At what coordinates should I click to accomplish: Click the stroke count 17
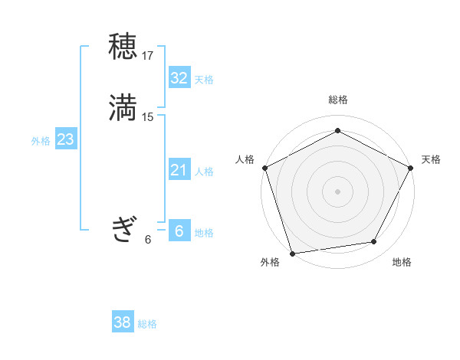pyautogui.click(x=148, y=56)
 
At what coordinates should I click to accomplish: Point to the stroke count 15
pyautogui.click(x=148, y=117)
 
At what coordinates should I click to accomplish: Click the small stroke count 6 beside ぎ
pyautogui.click(x=148, y=239)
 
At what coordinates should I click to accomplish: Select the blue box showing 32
pyautogui.click(x=179, y=78)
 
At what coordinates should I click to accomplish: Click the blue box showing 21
pyautogui.click(x=179, y=170)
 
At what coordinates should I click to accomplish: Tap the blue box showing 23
pyautogui.click(x=65, y=139)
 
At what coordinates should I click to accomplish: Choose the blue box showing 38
pyautogui.click(x=123, y=323)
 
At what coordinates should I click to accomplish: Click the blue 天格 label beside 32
pyautogui.click(x=204, y=80)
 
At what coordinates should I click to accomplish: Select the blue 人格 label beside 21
pyautogui.click(x=204, y=172)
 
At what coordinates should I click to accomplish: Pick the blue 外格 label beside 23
pyautogui.click(x=41, y=141)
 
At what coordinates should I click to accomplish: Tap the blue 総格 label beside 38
pyautogui.click(x=147, y=325)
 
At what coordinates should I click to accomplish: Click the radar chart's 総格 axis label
pyautogui.click(x=337, y=100)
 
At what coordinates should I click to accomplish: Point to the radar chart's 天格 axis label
pyautogui.click(x=431, y=159)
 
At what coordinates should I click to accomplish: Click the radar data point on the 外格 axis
pyautogui.click(x=292, y=253)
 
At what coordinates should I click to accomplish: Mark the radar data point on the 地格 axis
pyautogui.click(x=374, y=242)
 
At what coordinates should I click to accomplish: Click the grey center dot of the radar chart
pyautogui.click(x=337, y=191)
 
